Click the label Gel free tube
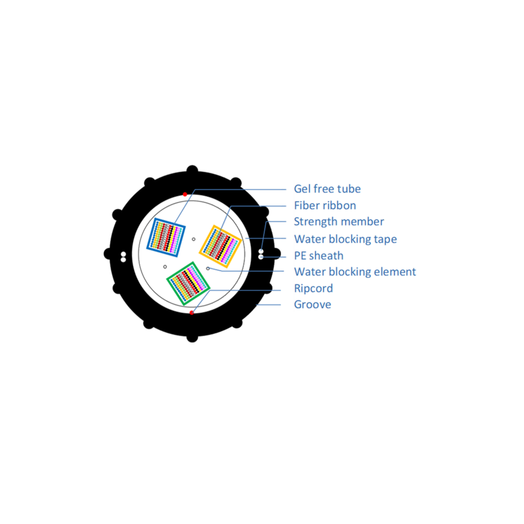tap(327, 189)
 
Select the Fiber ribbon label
tap(325, 205)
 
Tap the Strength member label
tap(339, 222)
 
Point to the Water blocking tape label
tap(345, 239)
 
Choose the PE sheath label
tap(319, 256)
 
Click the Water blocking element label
tap(355, 271)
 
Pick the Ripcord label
tap(313, 288)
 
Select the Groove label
tap(312, 304)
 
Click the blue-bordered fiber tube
tap(166, 237)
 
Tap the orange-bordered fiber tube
tap(220, 247)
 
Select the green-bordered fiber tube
tap(188, 283)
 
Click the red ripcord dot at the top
tap(185, 194)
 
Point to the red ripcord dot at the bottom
tap(191, 313)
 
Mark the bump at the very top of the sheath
tap(192, 170)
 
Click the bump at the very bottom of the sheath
tap(192, 337)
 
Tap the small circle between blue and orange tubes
tap(193, 239)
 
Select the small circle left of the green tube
tap(165, 267)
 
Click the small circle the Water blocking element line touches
tap(208, 268)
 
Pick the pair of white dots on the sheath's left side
tap(123, 257)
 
